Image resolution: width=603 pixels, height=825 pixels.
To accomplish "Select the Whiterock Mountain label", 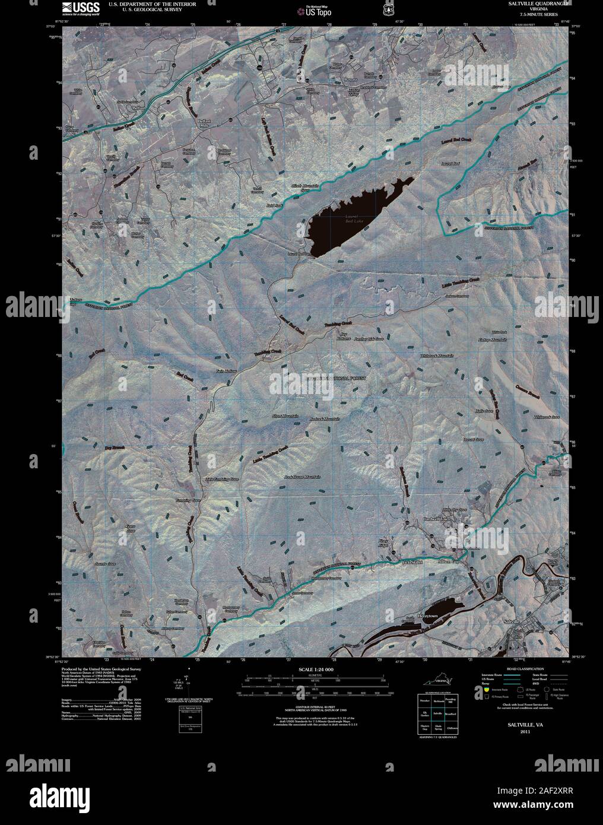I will [x=437, y=356].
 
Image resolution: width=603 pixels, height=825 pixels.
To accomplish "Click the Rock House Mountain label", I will [x=302, y=477].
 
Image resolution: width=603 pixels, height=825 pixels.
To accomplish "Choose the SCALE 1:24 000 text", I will [x=315, y=669].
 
